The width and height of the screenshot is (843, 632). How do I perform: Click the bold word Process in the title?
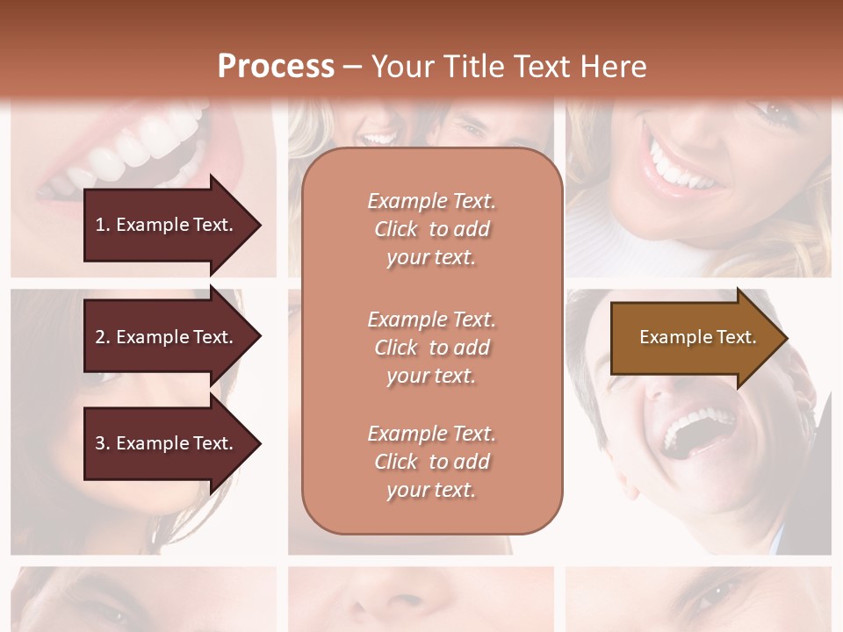click(x=276, y=67)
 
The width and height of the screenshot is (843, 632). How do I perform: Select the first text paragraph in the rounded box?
click(x=431, y=229)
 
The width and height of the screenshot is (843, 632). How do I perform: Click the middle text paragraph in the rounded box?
click(x=431, y=348)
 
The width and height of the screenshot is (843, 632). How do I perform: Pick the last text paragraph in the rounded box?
click(x=431, y=462)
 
